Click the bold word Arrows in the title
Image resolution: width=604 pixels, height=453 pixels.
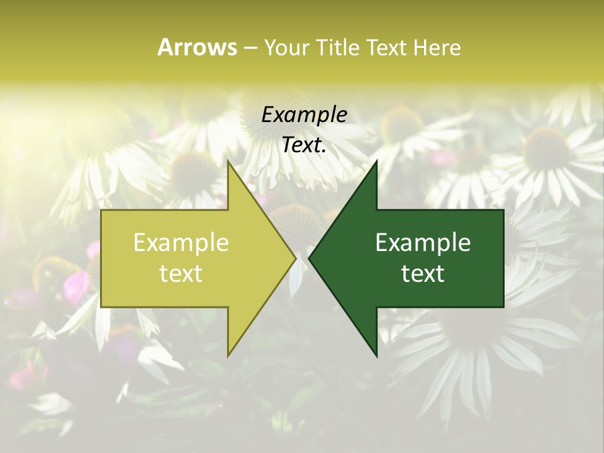tap(197, 47)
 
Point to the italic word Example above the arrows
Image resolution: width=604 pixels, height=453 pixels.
tap(304, 115)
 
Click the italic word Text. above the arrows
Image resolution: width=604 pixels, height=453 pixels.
tap(304, 145)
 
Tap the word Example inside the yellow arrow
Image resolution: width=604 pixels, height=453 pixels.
tap(181, 243)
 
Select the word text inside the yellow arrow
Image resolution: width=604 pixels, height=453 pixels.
tap(181, 273)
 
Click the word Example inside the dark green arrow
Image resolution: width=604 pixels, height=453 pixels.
tap(423, 243)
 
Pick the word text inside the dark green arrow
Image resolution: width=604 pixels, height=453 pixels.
tap(423, 273)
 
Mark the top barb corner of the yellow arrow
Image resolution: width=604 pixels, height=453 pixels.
tap(228, 161)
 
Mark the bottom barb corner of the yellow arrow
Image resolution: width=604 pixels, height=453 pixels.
tap(228, 355)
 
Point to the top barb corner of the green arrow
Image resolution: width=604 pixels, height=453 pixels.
tap(376, 161)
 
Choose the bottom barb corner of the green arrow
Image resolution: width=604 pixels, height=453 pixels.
tap(376, 355)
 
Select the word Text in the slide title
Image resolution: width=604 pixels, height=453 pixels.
tap(387, 48)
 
